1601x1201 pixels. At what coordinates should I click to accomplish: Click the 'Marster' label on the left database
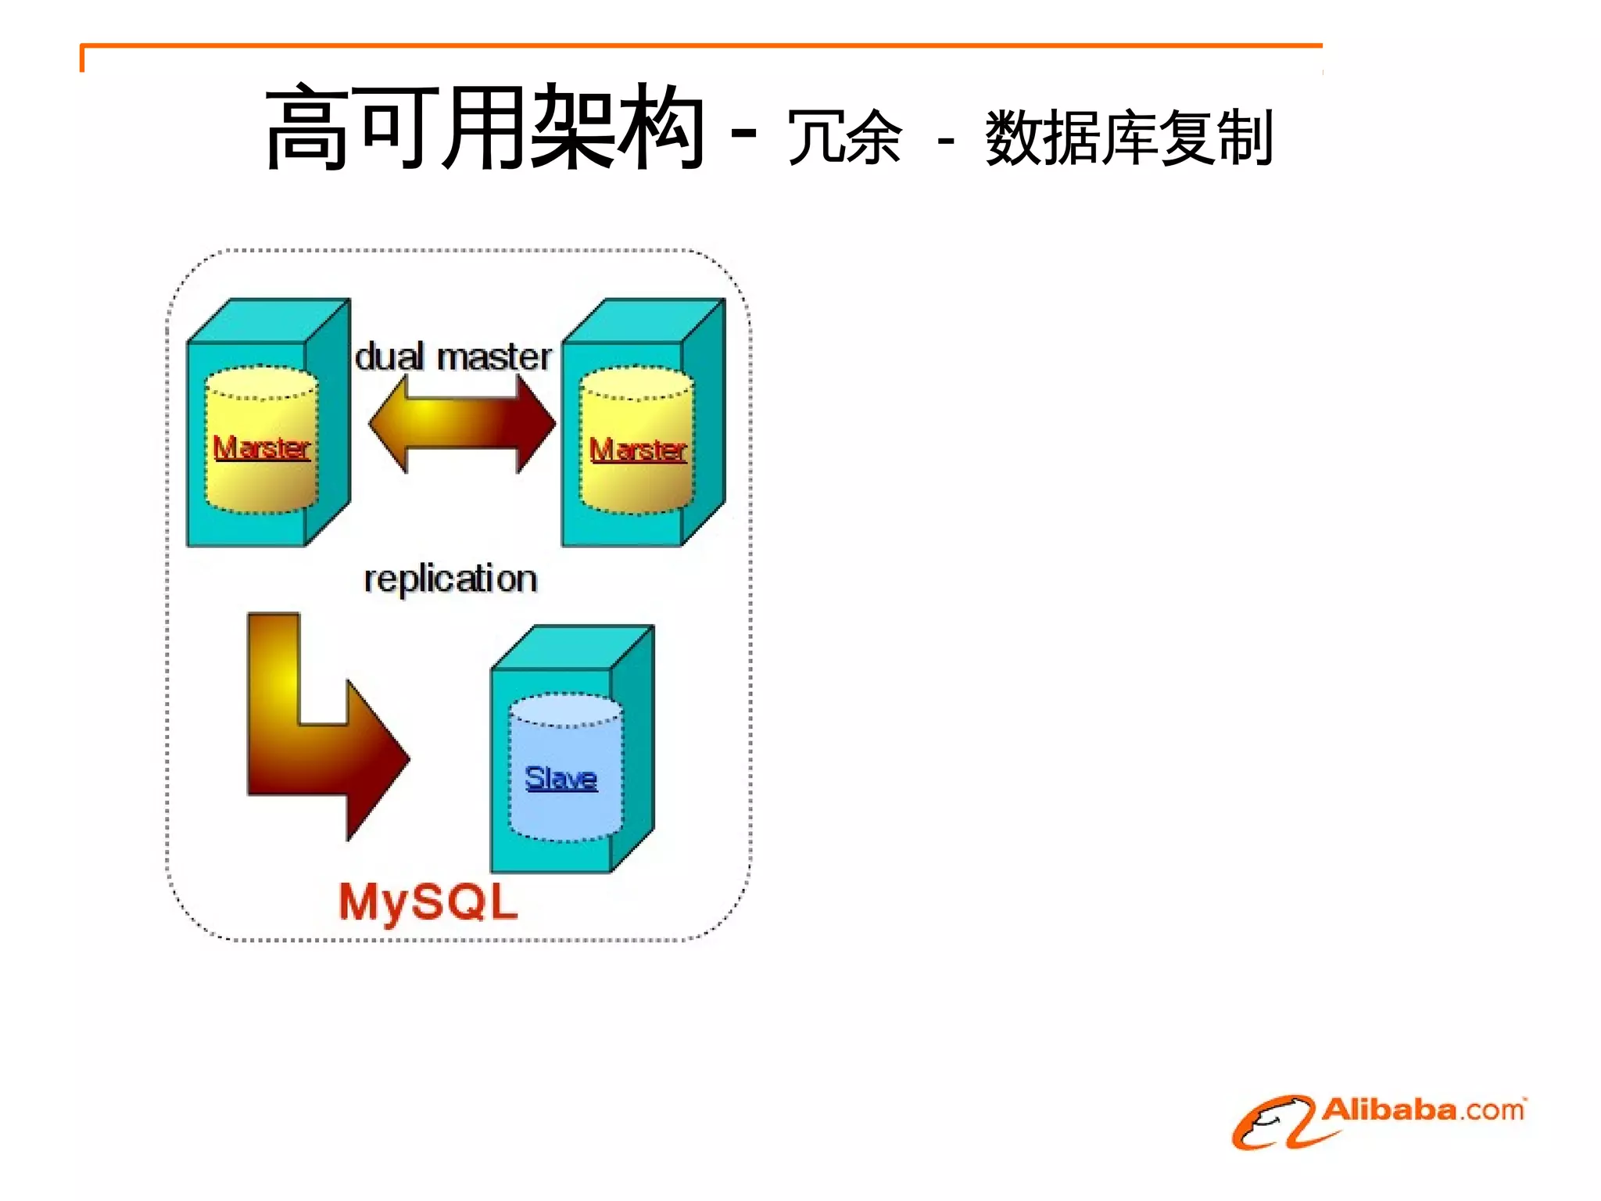262,448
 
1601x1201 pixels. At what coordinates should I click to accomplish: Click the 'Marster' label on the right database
638,450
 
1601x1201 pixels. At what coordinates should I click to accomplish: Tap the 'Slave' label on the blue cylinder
561,778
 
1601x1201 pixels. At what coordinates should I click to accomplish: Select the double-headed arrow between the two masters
461,423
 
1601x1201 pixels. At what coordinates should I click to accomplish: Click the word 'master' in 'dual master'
494,357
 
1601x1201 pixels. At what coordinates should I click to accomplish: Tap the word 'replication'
450,579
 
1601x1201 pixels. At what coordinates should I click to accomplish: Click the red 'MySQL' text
428,902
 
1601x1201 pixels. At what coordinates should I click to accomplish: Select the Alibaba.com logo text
1423,1110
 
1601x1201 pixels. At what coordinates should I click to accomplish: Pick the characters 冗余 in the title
844,138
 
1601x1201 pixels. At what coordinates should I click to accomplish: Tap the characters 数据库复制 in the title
1130,138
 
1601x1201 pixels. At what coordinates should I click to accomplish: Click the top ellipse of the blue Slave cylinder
565,709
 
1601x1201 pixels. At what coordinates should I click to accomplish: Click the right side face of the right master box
704,422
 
